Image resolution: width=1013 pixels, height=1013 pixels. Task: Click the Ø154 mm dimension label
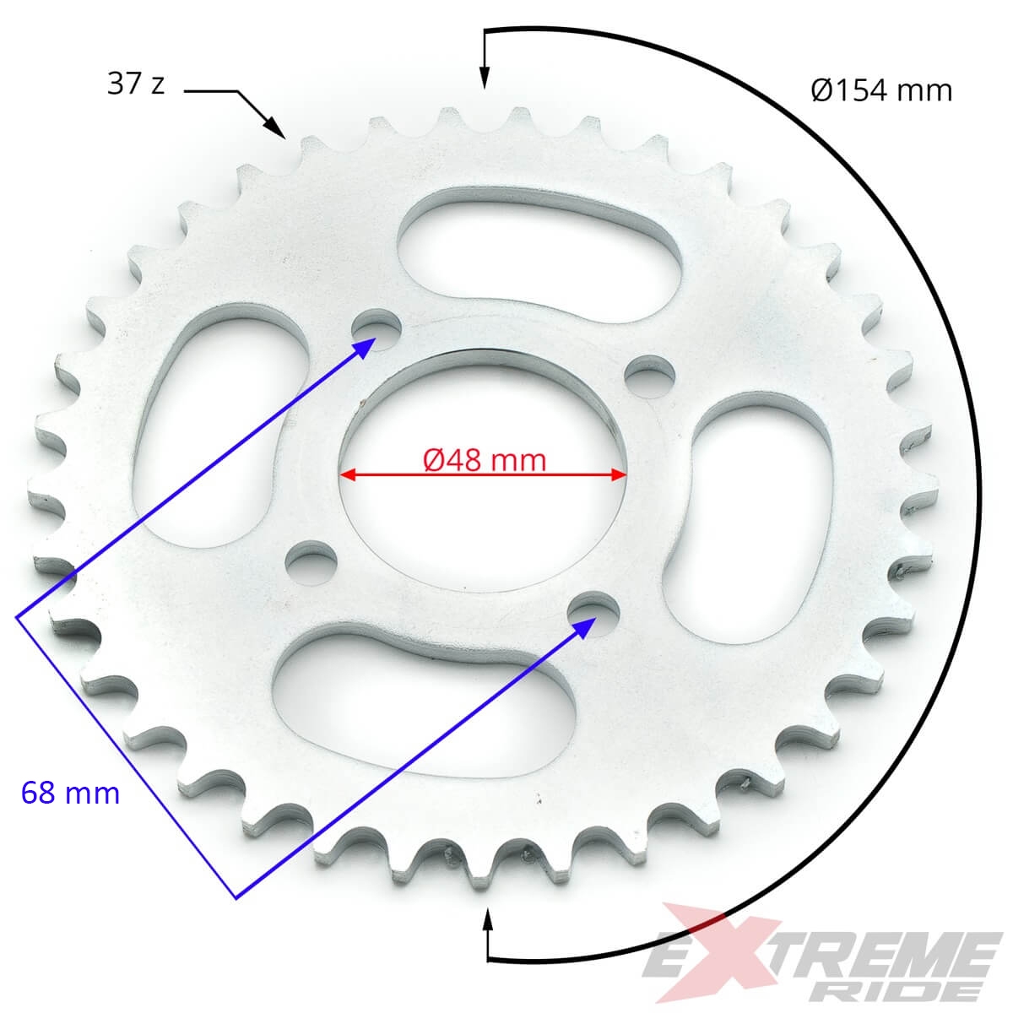881,90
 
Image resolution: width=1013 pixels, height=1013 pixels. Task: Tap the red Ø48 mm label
485,460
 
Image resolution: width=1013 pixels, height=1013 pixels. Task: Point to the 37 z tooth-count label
136,84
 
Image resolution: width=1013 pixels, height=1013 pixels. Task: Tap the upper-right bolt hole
650,376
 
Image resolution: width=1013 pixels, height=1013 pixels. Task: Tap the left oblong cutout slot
215,425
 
